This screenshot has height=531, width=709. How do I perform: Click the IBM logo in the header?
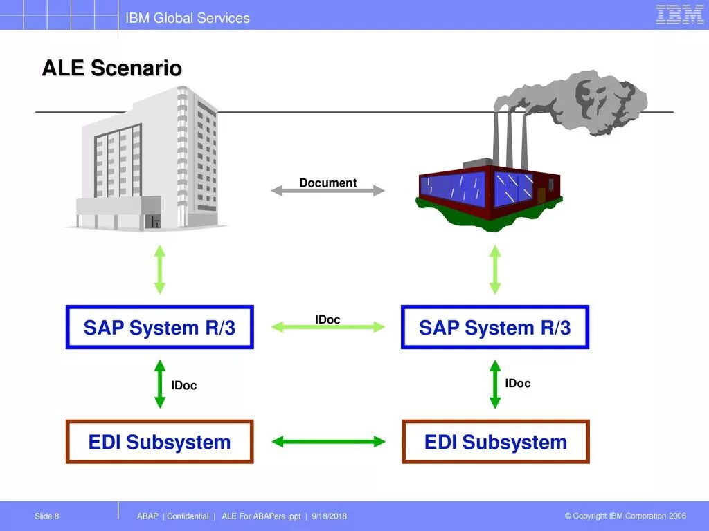click(679, 15)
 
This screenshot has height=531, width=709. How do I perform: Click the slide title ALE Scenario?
click(112, 68)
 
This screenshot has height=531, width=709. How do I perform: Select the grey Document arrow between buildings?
click(327, 190)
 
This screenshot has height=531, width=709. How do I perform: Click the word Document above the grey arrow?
click(327, 183)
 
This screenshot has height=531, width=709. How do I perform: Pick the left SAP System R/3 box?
click(159, 327)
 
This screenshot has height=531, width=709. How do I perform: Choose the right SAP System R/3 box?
click(494, 327)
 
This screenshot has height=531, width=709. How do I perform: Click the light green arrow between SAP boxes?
click(327, 327)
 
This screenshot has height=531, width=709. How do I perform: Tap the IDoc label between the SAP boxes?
click(327, 319)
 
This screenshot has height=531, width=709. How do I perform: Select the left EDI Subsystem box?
click(159, 442)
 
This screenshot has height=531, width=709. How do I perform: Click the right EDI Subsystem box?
click(495, 442)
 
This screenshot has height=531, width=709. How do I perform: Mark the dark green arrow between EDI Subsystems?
click(327, 441)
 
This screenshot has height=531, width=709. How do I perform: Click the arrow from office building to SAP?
click(160, 270)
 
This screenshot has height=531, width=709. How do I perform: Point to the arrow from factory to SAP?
click(495, 270)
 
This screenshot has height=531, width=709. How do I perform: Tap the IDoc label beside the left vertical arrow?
click(184, 385)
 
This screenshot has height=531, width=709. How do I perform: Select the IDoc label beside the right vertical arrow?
click(517, 383)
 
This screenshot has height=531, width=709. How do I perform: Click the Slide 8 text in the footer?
click(47, 516)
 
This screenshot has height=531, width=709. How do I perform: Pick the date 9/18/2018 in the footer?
click(330, 516)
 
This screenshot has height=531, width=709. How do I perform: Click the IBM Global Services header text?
click(188, 18)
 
